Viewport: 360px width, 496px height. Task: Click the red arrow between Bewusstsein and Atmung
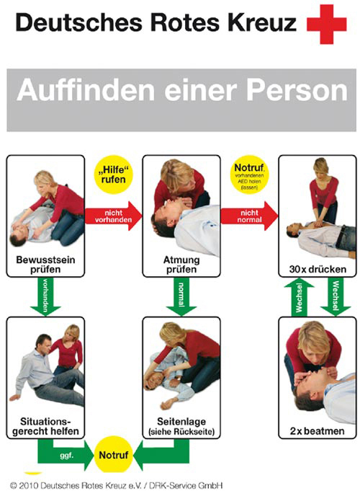[x=113, y=216]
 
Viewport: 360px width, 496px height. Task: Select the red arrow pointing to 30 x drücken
[x=249, y=216]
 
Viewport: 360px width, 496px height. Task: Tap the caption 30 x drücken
[x=318, y=268]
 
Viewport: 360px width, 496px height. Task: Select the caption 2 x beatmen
[x=318, y=431]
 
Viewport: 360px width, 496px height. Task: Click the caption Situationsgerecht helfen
[x=45, y=425]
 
